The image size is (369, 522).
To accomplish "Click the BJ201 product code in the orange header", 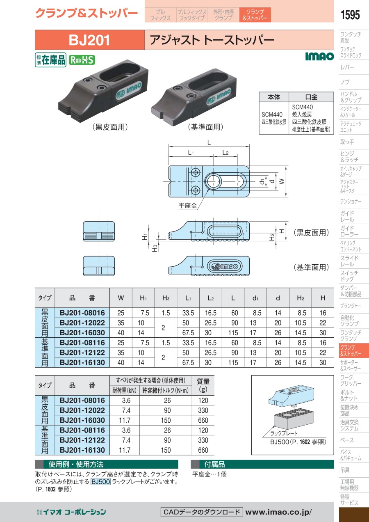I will point(89,40).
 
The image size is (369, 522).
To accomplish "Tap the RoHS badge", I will point(82,60).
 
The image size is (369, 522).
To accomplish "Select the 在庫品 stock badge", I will point(50,60).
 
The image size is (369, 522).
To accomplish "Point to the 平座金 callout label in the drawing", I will point(187,205).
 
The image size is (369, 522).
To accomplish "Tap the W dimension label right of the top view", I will point(281,181).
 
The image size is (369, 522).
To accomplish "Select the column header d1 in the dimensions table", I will point(255,298).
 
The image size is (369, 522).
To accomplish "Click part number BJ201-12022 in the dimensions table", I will point(82,323).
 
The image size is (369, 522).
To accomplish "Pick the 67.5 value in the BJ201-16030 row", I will point(188,333).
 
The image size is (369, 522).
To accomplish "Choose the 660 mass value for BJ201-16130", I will point(203,450).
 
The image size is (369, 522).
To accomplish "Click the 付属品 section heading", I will point(214,465).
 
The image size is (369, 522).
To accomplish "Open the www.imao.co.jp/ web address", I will point(278,512).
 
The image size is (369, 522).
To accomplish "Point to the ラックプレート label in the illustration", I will point(284,433).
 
